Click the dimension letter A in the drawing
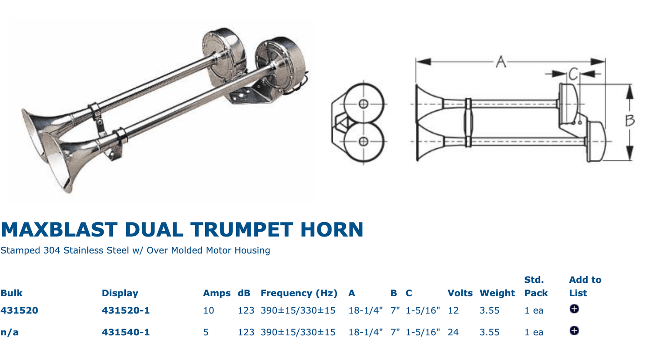pos(501,61)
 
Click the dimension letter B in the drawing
pos(630,120)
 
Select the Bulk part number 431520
pos(19,310)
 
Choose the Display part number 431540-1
pos(125,332)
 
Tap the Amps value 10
pos(208,310)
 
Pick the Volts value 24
pos(453,332)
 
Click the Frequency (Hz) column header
pos(299,293)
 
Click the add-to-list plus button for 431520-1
pos(574,309)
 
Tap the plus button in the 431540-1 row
pos(574,330)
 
